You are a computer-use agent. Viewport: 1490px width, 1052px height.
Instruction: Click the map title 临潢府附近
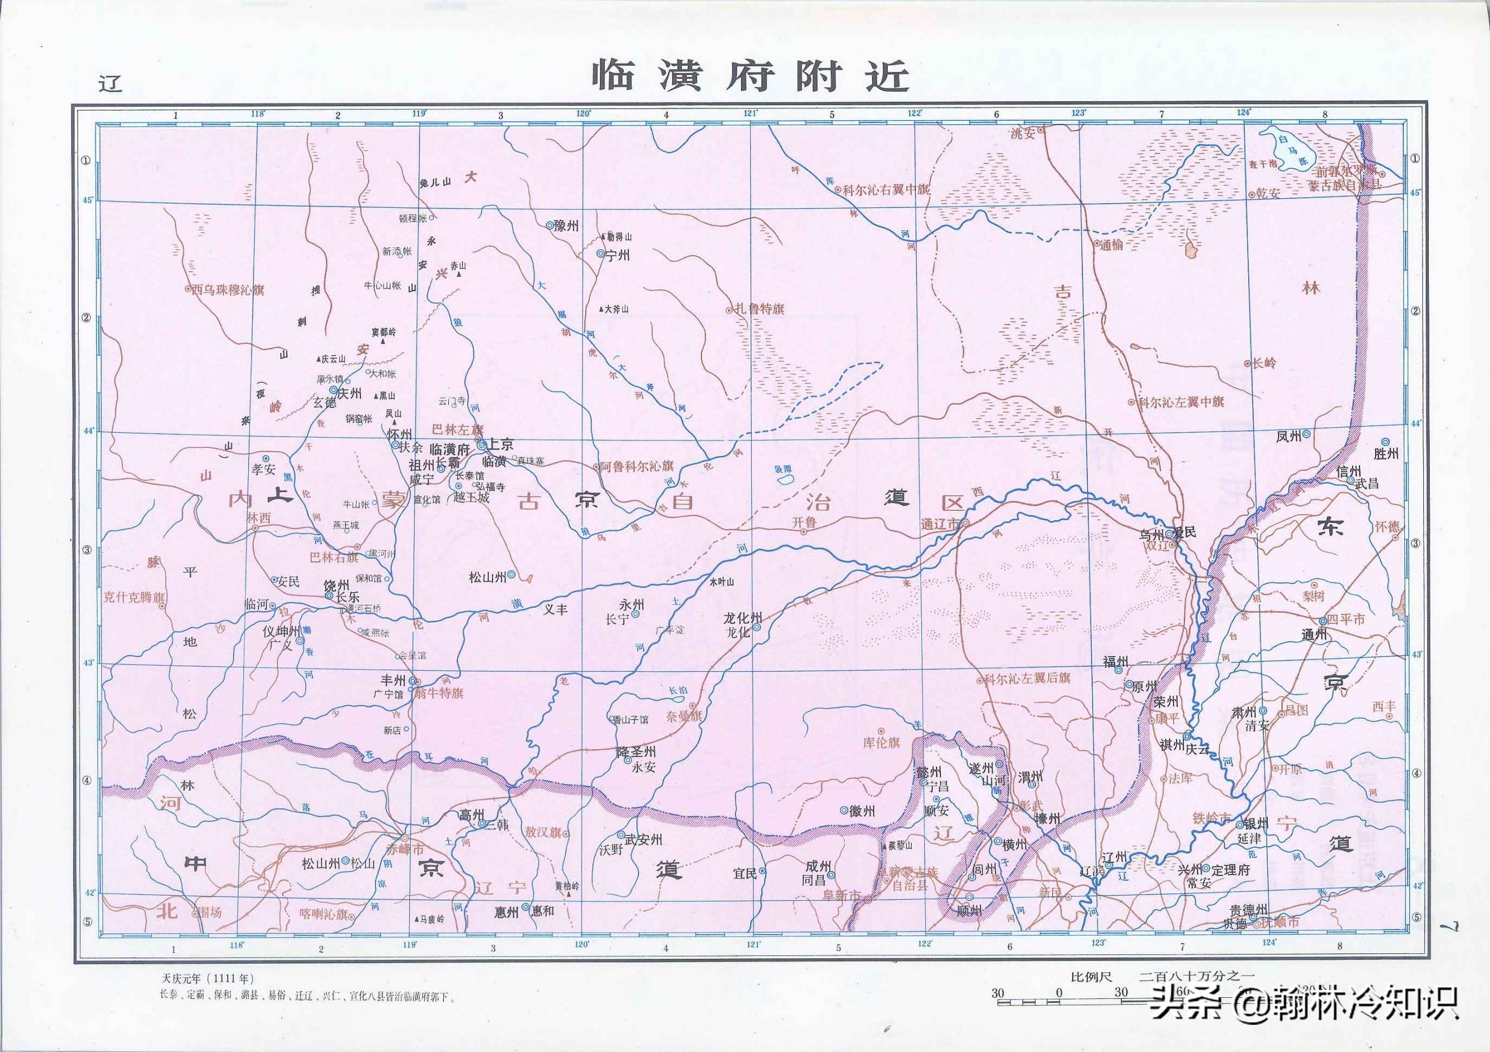(750, 77)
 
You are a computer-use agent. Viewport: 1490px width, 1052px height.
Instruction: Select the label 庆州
(350, 393)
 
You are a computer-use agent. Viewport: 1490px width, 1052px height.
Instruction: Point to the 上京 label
(500, 444)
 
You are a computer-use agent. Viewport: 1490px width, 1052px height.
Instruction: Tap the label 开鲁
(803, 522)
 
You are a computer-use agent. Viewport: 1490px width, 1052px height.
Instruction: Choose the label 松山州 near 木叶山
(487, 576)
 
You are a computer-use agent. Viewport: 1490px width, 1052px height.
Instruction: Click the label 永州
(631, 605)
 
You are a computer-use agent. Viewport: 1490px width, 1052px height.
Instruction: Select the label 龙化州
(743, 618)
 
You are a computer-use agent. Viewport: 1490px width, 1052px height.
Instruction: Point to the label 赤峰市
(404, 849)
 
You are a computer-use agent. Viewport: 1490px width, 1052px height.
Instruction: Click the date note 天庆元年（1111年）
(208, 978)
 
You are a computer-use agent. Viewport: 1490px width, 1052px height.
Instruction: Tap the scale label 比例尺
(1091, 977)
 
